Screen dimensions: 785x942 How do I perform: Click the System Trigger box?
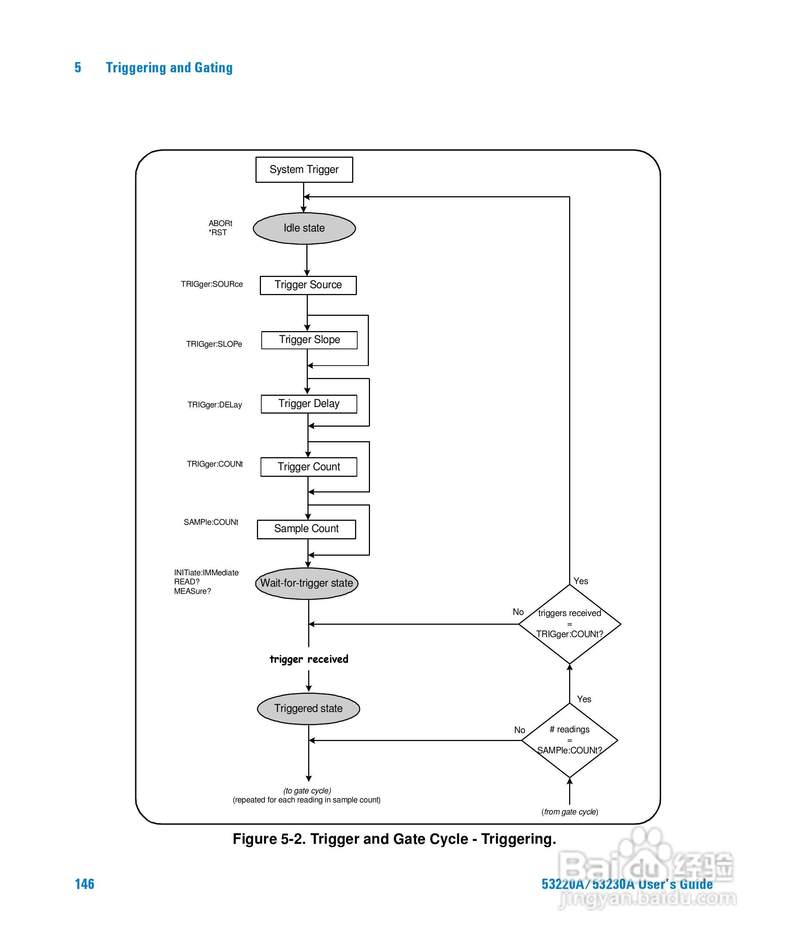[x=304, y=170]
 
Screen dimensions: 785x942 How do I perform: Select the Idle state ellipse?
[x=304, y=228]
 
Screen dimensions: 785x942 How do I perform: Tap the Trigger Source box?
[x=308, y=285]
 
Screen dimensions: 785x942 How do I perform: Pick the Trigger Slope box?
[x=310, y=340]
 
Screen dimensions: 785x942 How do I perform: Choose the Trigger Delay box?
[x=309, y=404]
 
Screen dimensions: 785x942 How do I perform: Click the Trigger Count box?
[x=309, y=467]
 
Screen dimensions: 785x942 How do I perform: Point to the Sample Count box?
[x=306, y=529]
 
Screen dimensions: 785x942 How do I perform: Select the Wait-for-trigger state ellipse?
[x=307, y=583]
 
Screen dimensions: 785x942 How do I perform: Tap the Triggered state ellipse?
[x=309, y=709]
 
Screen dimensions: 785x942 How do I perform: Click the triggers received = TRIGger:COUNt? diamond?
[x=570, y=624]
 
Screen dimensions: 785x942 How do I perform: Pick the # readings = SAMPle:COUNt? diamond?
[x=570, y=740]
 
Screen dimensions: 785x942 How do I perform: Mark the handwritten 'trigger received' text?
[x=309, y=659]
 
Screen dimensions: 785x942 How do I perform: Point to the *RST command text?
[x=218, y=232]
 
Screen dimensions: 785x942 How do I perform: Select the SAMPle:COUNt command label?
[x=211, y=522]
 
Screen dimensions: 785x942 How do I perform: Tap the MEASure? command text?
[x=193, y=591]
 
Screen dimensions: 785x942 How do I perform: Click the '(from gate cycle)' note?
[x=570, y=812]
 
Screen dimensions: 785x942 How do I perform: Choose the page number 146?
[x=84, y=884]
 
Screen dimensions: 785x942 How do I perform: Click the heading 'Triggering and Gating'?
[x=169, y=68]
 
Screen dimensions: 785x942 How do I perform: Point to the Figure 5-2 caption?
[x=394, y=839]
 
